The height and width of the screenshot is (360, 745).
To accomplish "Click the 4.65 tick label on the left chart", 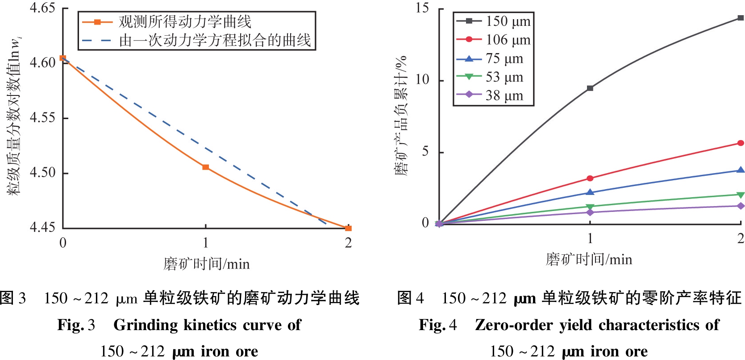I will [42, 8].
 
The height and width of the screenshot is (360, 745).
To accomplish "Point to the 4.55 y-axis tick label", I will [42, 118].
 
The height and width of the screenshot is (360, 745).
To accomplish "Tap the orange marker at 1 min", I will [205, 167].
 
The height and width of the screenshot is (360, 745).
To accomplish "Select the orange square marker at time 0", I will [63, 58].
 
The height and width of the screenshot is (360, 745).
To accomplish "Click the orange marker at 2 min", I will [348, 228].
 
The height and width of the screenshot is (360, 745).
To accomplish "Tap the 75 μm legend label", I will [504, 58].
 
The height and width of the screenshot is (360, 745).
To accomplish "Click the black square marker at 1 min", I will [590, 88].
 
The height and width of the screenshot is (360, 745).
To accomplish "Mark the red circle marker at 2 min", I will [741, 143].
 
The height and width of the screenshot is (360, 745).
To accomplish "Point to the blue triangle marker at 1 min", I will [590, 192].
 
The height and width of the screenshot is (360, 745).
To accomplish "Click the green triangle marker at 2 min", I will [741, 195].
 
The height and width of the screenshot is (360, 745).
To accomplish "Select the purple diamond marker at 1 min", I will [590, 212].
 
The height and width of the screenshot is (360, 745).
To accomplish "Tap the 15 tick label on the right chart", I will [422, 8].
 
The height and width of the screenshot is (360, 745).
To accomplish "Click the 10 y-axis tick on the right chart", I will [422, 80].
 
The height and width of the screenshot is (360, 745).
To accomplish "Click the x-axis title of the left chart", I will [206, 264].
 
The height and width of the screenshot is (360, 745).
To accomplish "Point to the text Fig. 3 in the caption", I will [76, 325].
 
